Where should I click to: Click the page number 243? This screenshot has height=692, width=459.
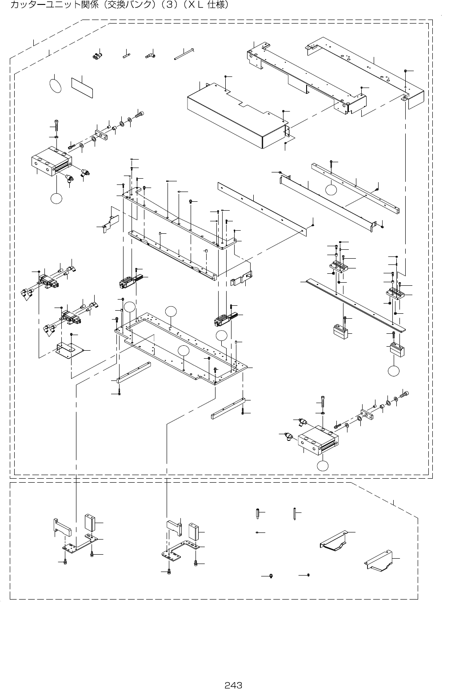(x=233, y=685)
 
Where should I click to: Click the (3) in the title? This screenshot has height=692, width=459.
(x=174, y=5)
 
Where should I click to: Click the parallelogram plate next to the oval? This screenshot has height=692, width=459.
(x=82, y=87)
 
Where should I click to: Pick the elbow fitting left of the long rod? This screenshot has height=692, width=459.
(x=150, y=56)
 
